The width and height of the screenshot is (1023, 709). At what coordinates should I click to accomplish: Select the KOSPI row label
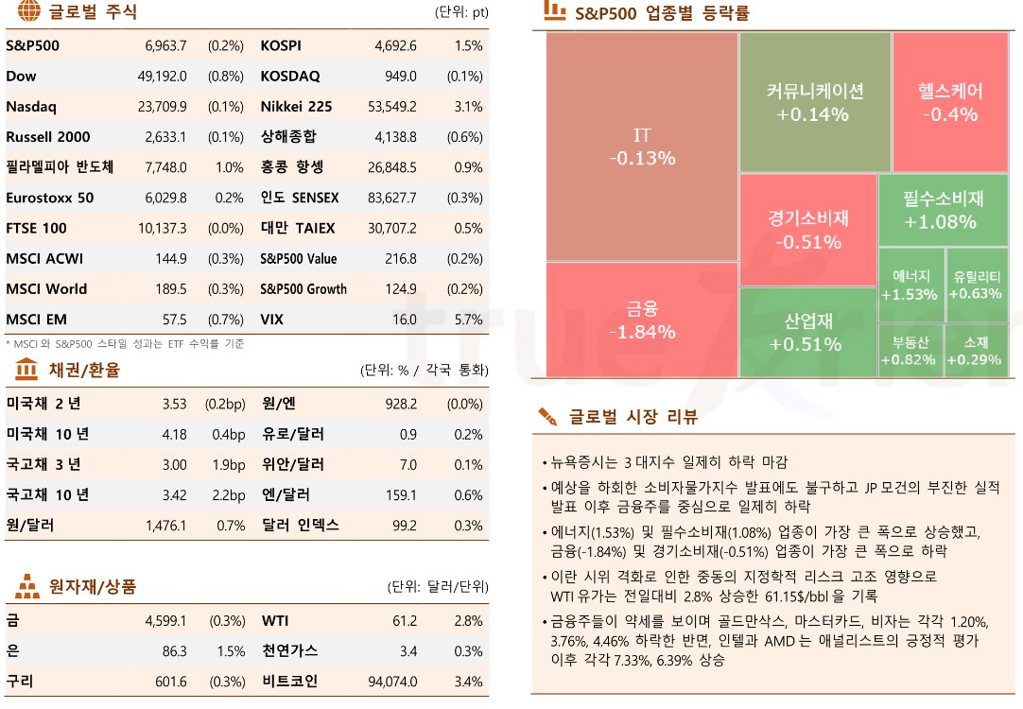click(x=281, y=45)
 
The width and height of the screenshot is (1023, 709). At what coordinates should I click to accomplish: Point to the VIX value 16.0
click(x=404, y=320)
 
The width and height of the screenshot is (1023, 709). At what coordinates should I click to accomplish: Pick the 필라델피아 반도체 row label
click(x=60, y=167)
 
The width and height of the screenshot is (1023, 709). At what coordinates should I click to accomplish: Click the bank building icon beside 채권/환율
click(x=26, y=370)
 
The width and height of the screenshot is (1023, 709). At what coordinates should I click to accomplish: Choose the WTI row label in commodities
click(x=275, y=621)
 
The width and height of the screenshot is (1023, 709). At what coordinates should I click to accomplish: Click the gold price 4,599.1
click(x=165, y=621)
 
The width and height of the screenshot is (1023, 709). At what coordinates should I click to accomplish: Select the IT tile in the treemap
click(x=642, y=147)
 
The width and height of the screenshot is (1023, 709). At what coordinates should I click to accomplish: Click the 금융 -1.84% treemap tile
click(x=642, y=320)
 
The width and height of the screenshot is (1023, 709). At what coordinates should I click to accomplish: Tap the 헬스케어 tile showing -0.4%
click(x=950, y=102)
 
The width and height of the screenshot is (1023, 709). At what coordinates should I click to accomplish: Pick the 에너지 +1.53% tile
click(x=910, y=285)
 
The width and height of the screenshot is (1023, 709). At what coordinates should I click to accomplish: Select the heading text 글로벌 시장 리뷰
click(x=633, y=417)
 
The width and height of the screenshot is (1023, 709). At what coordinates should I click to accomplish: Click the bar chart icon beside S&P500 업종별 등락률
click(x=554, y=11)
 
